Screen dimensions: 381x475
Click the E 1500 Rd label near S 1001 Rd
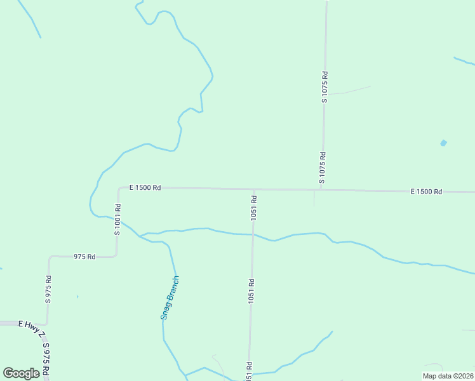145,188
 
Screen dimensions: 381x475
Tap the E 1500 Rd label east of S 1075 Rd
426,191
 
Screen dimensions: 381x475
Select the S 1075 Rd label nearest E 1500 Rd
323,168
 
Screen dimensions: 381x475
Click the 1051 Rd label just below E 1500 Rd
253,208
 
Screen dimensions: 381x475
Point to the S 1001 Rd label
117,220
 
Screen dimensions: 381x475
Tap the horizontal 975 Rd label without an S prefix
84,257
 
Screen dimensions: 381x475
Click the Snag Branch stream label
170,297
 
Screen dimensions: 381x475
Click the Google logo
21,373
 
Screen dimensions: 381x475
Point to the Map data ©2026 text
448,376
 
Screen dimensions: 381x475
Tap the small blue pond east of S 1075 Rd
443,143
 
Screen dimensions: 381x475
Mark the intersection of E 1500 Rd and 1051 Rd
255,189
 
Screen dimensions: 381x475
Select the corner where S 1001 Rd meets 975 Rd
116,255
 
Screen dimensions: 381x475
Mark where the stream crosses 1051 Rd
253,234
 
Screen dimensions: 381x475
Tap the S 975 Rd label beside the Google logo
46,359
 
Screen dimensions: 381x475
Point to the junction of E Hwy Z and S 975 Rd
46,324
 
